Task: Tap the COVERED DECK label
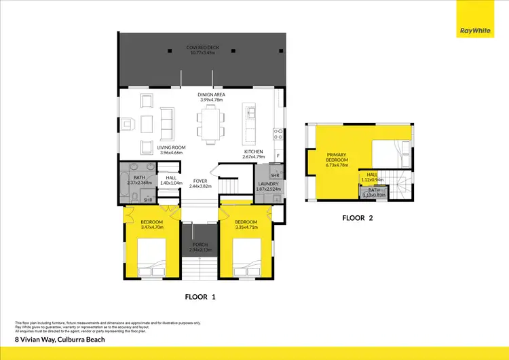point(202,48)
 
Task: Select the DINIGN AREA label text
point(211,94)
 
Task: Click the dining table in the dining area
point(211,123)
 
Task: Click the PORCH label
point(200,244)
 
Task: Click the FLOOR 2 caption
point(358,219)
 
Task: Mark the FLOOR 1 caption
point(200,297)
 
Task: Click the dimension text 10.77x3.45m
point(202,53)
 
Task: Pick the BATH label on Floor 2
point(374,190)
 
